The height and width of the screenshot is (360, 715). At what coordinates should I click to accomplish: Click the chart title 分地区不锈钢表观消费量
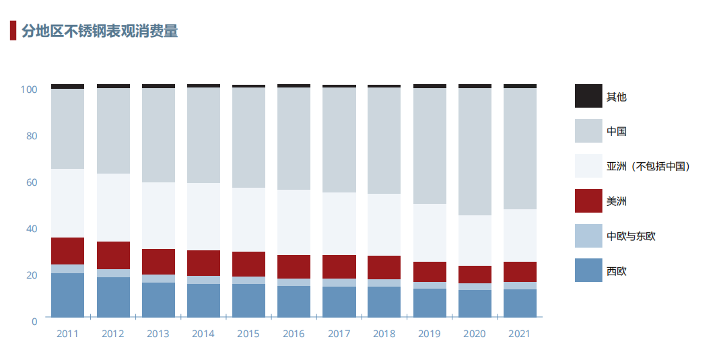click(100, 31)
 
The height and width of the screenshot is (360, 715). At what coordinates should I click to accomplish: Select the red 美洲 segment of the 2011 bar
click(68, 250)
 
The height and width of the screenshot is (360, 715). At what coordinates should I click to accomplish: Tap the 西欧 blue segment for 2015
click(248, 300)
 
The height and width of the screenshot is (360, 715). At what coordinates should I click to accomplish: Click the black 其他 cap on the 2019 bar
click(430, 86)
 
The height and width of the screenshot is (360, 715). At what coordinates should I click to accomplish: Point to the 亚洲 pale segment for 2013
click(158, 215)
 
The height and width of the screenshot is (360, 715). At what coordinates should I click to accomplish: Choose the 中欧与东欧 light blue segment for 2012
click(113, 273)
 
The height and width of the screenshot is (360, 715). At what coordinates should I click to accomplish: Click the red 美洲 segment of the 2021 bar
click(520, 272)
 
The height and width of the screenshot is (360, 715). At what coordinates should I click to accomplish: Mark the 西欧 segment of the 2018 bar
click(384, 301)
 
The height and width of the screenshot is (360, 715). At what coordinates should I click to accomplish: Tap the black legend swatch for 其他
click(588, 96)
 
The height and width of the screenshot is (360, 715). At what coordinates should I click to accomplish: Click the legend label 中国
click(616, 131)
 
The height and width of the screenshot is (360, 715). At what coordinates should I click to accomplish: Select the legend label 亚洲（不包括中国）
click(648, 166)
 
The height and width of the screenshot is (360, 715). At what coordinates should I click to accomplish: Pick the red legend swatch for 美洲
click(588, 201)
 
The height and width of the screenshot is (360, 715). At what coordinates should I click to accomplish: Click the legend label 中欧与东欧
click(631, 236)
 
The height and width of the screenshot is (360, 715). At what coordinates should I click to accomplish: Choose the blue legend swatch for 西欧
click(588, 271)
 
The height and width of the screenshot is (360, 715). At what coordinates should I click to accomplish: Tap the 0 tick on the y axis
click(34, 321)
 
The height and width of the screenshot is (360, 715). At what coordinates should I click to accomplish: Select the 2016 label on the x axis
click(294, 334)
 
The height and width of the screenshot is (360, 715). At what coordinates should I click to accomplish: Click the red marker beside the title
click(13, 31)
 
